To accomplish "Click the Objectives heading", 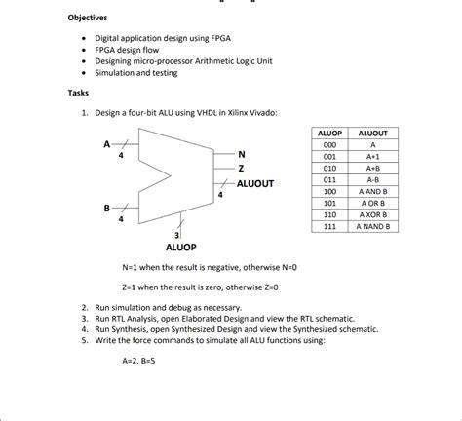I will pyautogui.click(x=88, y=18).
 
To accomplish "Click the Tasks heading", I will pyautogui.click(x=78, y=93).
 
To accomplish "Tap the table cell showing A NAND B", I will pyautogui.click(x=372, y=226).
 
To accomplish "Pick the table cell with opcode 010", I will pyautogui.click(x=329, y=168).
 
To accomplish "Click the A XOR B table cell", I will pyautogui.click(x=372, y=214).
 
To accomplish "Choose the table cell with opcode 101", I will pyautogui.click(x=329, y=203).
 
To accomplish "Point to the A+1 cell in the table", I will pyautogui.click(x=372, y=156).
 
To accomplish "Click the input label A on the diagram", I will pyautogui.click(x=107, y=144).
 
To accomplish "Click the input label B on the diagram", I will pyautogui.click(x=107, y=209).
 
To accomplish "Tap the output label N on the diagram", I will pyautogui.click(x=241, y=154).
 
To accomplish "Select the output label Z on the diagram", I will pyautogui.click(x=241, y=169).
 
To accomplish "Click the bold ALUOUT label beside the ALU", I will pyautogui.click(x=256, y=183).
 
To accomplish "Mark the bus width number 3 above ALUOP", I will pyautogui.click(x=175, y=235).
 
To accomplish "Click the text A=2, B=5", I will pyautogui.click(x=142, y=359).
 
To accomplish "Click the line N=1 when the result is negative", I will pyautogui.click(x=210, y=267).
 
